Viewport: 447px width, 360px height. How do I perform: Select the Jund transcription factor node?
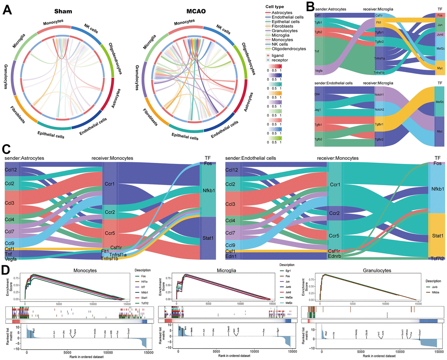(440, 34)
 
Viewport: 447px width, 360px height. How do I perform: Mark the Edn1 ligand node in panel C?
(231, 257)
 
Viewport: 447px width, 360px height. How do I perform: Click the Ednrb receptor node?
(335, 257)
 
